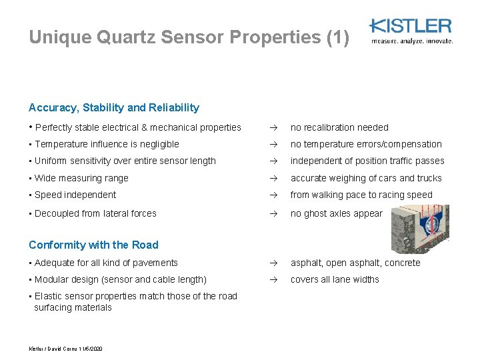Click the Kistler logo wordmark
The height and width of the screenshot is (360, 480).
coord(411,26)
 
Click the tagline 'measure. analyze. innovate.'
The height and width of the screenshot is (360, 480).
coord(412,41)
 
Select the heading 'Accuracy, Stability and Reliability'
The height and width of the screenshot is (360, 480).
coord(114,107)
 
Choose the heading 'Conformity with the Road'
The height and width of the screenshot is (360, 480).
coord(93,245)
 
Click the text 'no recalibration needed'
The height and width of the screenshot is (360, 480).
coord(339,127)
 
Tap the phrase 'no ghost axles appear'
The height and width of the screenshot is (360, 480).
coord(337,213)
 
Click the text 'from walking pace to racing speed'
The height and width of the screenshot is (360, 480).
coord(361,195)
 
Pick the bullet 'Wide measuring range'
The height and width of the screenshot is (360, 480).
coord(81,178)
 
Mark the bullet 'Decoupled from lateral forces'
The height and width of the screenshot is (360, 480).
coord(95,213)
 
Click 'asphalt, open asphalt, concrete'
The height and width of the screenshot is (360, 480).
coord(355,263)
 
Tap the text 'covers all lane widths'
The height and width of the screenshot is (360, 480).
coord(335,279)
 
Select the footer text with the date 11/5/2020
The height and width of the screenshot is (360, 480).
coord(65,349)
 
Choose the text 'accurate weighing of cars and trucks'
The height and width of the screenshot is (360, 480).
coord(366,178)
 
